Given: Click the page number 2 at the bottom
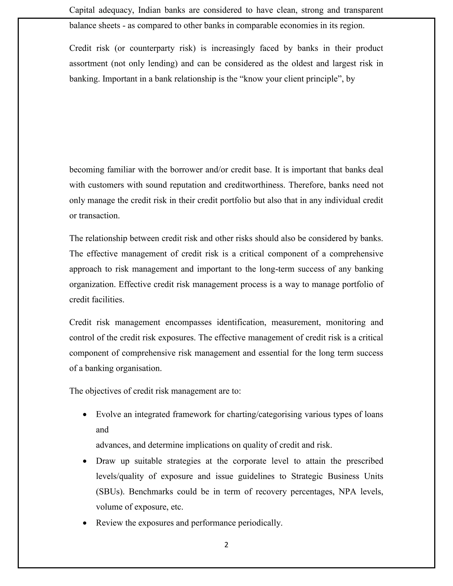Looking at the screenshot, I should (x=226, y=545).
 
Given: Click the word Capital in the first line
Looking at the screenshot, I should (x=82, y=10).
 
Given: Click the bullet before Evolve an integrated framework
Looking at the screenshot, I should (x=85, y=415).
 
